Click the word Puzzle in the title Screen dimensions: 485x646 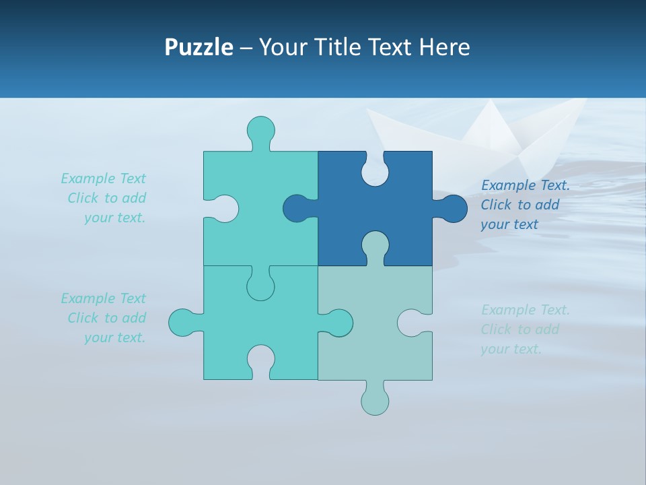point(199,47)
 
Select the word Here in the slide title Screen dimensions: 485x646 point(444,47)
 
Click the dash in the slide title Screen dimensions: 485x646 point(246,48)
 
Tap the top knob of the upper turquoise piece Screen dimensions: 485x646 point(261,130)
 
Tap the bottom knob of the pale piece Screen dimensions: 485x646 point(375,401)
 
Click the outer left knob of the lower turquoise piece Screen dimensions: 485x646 point(182,323)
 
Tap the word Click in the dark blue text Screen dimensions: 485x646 point(496,205)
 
